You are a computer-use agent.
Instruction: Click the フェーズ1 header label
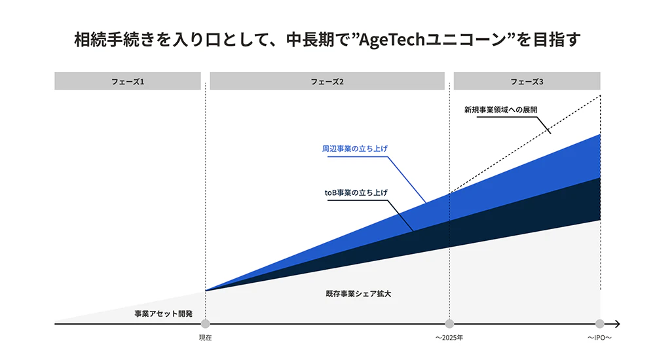128,81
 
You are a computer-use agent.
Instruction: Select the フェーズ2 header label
327,81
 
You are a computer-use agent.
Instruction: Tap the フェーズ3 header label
527,81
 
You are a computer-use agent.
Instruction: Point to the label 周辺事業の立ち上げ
354,149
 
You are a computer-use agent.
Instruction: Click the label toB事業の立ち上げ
356,192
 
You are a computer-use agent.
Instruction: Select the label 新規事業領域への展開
500,110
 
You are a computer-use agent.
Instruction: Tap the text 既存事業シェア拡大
358,294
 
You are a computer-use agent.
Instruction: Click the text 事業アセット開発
163,314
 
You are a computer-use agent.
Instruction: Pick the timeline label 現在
205,338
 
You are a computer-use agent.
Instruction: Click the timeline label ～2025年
449,338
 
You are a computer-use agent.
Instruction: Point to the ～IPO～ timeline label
599,338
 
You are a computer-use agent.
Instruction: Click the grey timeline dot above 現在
205,323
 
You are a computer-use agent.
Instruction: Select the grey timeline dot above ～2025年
449,323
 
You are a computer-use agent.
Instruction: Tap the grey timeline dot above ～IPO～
600,323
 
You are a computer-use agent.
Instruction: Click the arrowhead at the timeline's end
618,323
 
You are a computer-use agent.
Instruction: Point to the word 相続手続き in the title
114,40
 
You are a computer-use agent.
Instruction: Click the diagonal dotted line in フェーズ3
525,145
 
